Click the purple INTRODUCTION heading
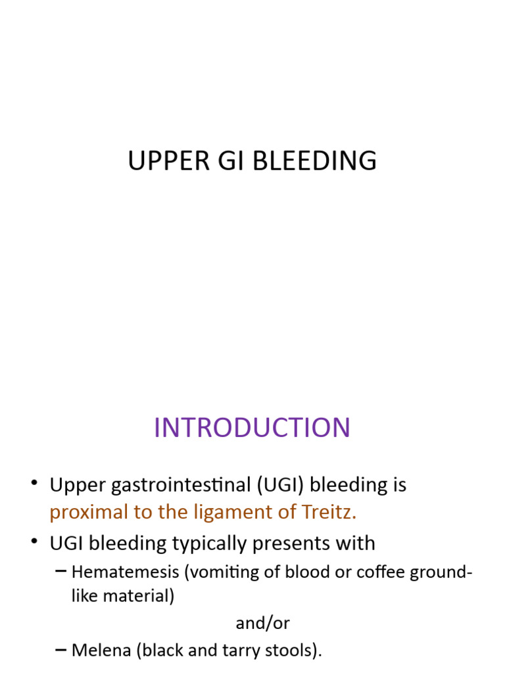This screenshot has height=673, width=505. click(x=252, y=428)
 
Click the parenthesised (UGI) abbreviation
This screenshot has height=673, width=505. click(x=274, y=485)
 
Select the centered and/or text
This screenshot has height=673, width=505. click(x=262, y=622)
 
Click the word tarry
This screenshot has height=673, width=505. click(x=245, y=651)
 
